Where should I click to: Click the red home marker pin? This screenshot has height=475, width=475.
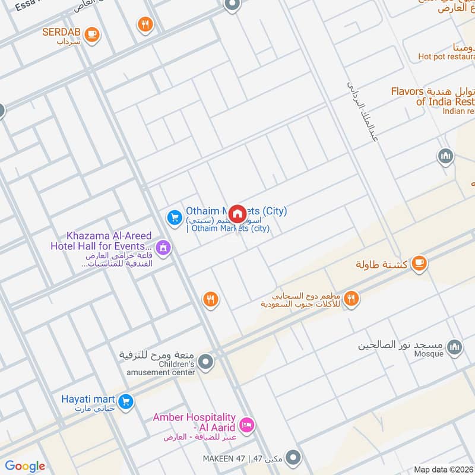coord(237,214)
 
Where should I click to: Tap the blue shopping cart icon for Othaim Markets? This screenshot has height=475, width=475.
coord(174,218)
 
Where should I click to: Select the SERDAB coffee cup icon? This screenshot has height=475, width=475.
coord(91,34)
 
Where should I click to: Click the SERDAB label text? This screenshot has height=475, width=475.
coord(62,32)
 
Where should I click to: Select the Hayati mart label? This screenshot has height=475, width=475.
coord(87,399)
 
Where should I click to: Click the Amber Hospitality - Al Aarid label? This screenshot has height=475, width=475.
coord(194,423)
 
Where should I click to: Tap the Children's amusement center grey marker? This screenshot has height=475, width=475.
coord(206,361)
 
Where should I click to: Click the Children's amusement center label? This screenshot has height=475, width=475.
coord(167,368)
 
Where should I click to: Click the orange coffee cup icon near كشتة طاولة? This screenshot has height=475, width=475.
coord(419,263)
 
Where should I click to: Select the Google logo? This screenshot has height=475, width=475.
coord(25,466)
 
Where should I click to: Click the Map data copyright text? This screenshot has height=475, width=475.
coord(443,469)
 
